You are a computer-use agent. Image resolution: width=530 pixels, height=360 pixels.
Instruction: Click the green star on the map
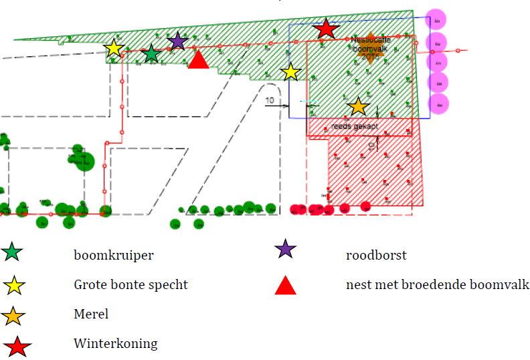151,53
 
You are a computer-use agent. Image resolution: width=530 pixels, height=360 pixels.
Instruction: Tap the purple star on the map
177,41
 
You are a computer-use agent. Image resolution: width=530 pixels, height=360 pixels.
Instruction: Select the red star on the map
326,29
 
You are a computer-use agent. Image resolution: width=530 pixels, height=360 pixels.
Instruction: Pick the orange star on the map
358,105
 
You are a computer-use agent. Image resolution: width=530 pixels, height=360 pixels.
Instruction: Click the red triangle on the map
198,60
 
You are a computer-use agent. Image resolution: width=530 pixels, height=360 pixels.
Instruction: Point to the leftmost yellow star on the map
114,48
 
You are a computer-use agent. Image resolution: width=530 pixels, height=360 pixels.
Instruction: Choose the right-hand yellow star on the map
291,72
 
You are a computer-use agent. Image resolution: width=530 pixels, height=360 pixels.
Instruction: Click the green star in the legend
12,253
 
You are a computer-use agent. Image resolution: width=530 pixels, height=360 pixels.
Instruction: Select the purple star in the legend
285,250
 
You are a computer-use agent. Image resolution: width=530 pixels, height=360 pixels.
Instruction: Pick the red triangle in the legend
286,286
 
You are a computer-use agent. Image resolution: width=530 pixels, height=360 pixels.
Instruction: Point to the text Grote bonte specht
130,285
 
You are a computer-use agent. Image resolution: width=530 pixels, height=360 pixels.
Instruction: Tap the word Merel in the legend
91,314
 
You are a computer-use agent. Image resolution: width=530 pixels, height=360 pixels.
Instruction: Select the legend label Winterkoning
115,344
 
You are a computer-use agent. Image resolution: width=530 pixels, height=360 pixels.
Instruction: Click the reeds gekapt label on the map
355,126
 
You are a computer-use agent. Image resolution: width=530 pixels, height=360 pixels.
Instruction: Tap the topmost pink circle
436,19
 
